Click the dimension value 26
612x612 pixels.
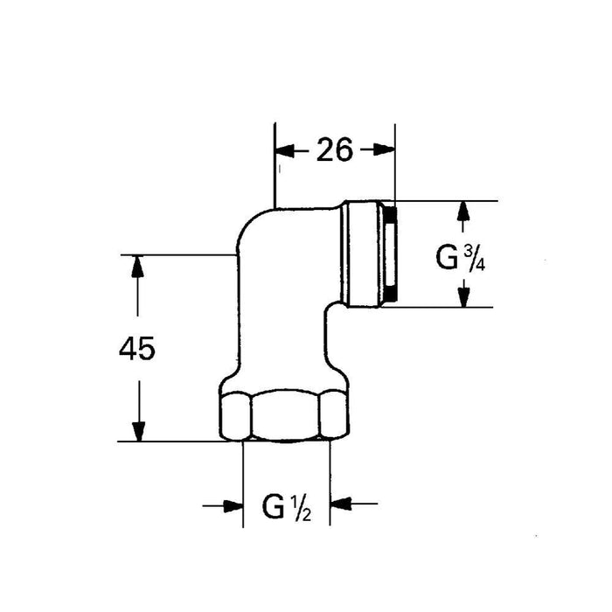pos(334,150)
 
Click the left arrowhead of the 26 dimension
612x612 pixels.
pos(284,150)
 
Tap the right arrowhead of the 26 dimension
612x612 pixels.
pos(386,150)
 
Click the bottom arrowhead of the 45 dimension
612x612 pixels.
pos(136,431)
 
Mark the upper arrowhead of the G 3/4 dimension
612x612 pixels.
pos(464,212)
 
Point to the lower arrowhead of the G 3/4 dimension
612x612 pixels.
pos(464,297)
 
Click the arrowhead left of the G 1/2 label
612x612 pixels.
pos(232,504)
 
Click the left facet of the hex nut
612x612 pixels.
pos(234,417)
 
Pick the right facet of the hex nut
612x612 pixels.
pos(333,417)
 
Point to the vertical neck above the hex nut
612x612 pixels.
pos(284,345)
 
